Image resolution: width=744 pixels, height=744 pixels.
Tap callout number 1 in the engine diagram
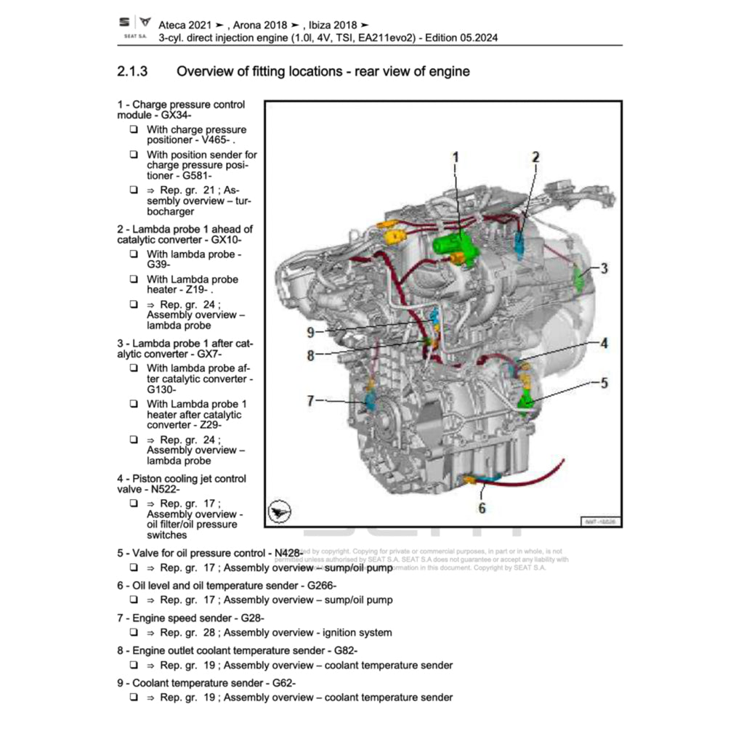(456, 157)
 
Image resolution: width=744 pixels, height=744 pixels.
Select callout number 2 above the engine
(535, 156)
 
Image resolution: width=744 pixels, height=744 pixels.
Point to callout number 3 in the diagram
(604, 268)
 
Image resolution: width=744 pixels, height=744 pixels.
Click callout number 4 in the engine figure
(604, 343)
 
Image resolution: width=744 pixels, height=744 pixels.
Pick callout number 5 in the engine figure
(604, 382)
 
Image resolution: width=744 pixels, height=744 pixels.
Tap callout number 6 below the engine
(481, 508)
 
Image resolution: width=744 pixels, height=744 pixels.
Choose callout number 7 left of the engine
(310, 400)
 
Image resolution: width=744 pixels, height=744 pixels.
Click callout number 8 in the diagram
(310, 355)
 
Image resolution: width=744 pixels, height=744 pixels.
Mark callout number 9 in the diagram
(310, 333)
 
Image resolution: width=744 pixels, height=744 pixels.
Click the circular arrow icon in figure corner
(279, 512)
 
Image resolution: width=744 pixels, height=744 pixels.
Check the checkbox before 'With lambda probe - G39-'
(134, 254)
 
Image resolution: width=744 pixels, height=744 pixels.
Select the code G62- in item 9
(281, 683)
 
